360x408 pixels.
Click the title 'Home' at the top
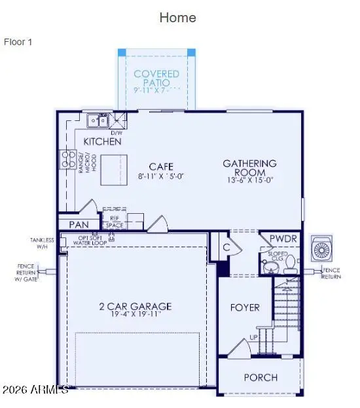tap(177, 18)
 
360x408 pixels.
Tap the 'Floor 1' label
tap(18, 42)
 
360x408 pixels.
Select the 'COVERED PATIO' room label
tap(156, 78)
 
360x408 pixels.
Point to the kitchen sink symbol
tap(99, 120)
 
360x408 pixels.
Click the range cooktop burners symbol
tap(67, 159)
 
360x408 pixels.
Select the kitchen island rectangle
tap(114, 171)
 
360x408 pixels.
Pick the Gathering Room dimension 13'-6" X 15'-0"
tap(249, 181)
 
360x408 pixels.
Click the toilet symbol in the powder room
tap(268, 267)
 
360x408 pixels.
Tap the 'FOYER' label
tap(245, 307)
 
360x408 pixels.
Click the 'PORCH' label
tap(261, 377)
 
